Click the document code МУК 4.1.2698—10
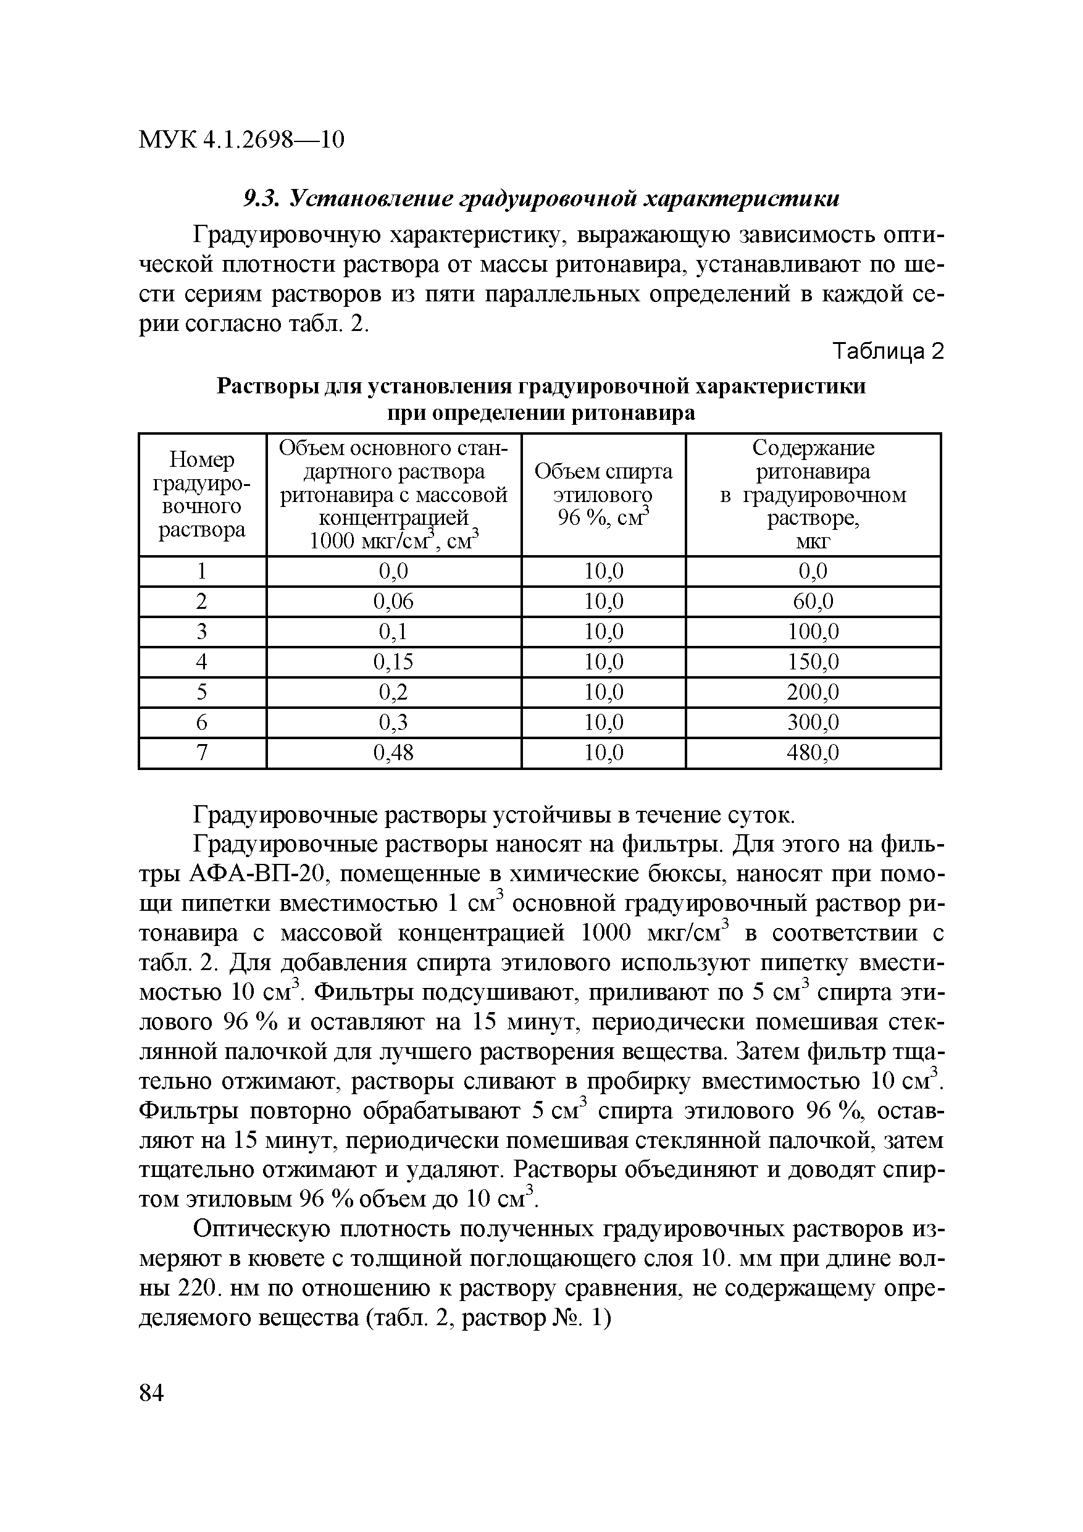(241, 140)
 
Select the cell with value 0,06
(393, 602)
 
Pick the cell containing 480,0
(813, 753)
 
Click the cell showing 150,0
(813, 662)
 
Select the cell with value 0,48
(393, 753)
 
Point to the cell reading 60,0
(813, 602)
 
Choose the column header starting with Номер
(201, 495)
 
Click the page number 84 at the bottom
(151, 1393)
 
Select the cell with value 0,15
(393, 662)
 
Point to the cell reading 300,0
(813, 722)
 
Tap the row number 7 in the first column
(201, 753)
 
